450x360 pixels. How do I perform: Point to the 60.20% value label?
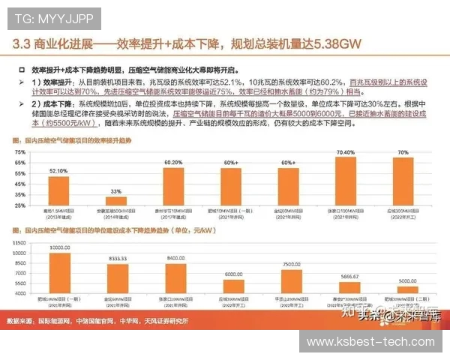coord(173,161)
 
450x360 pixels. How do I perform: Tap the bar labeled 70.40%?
coord(346,179)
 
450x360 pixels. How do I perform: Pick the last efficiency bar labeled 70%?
coord(403,180)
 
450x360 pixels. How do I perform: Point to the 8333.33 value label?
coord(117,256)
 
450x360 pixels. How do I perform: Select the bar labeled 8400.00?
coord(175,277)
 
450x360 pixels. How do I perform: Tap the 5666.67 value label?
coord(349,275)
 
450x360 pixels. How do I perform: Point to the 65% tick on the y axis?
coord(22,161)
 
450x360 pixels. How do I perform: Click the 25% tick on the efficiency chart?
coord(22,205)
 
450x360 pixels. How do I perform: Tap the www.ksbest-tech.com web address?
coord(372,341)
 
